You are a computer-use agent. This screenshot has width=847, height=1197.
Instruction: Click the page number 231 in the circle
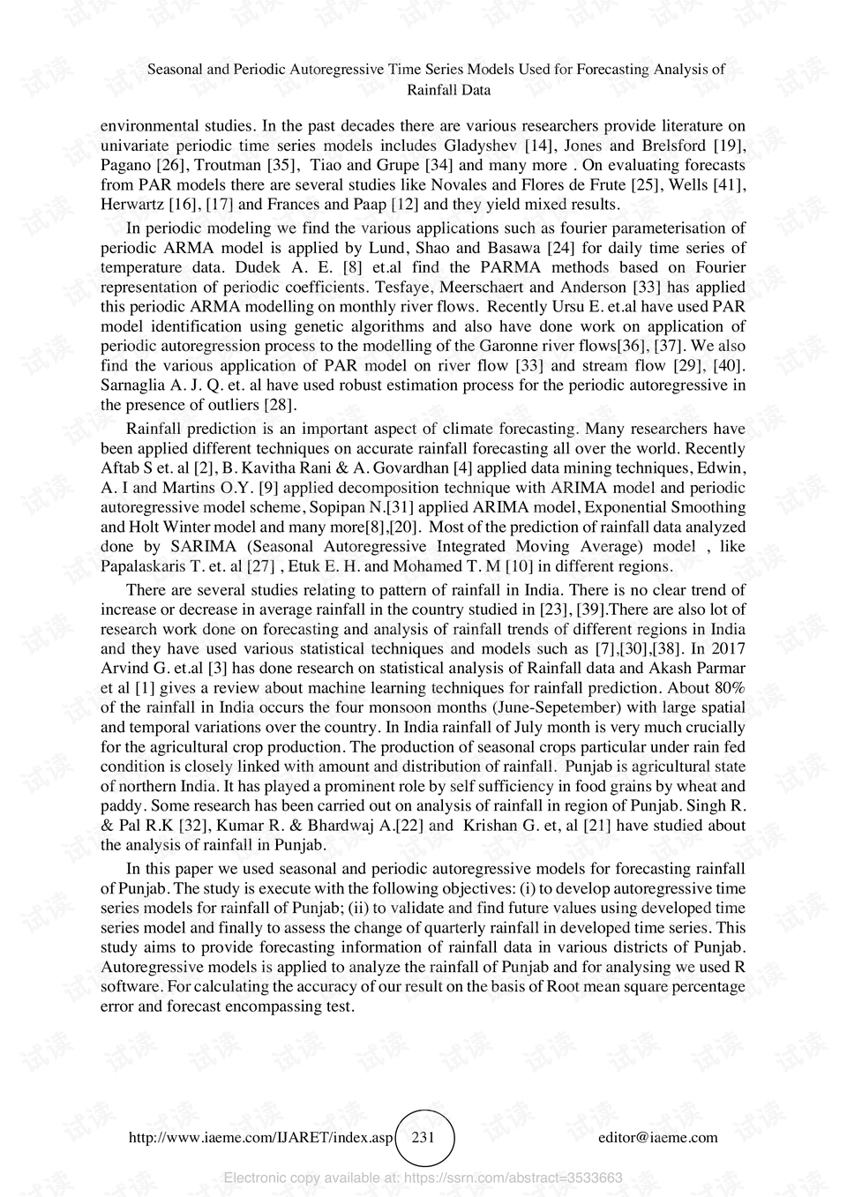pyautogui.click(x=423, y=1137)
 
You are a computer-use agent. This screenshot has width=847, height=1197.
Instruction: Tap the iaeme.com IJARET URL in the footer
pyautogui.click(x=260, y=1137)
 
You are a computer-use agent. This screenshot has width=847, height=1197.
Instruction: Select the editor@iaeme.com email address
pyautogui.click(x=657, y=1137)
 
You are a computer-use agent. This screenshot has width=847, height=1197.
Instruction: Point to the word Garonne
pyautogui.click(x=588, y=346)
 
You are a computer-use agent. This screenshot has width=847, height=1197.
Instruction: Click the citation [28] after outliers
pyautogui.click(x=281, y=405)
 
